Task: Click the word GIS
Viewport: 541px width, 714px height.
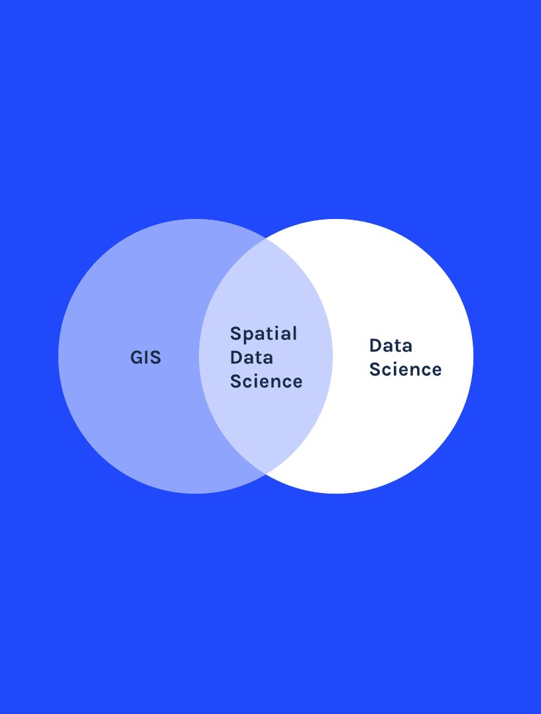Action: click(146, 358)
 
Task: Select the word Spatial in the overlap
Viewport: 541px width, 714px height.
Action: click(263, 334)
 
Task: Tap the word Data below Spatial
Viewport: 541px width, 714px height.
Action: click(251, 358)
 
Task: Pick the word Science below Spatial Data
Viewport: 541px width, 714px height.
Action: click(266, 382)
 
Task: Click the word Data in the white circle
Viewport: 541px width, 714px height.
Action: click(391, 346)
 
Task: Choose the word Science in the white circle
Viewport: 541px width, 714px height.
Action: click(405, 370)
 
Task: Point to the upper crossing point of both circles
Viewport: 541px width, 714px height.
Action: click(265, 238)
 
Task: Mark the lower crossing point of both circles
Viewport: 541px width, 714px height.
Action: click(265, 474)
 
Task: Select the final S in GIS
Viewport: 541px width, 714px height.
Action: click(155, 358)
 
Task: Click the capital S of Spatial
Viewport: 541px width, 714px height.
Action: click(235, 333)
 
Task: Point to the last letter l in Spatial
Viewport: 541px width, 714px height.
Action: click(294, 333)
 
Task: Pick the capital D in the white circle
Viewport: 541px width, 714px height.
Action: click(375, 346)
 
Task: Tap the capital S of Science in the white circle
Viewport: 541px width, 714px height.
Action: click(375, 370)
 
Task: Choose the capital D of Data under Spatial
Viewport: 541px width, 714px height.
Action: click(236, 358)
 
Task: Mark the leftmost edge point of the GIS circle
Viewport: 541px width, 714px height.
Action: click(58, 356)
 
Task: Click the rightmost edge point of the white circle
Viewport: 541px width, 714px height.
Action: click(473, 356)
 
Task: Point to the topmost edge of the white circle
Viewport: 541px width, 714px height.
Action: click(336, 219)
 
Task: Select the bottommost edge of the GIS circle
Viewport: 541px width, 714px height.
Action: click(195, 494)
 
